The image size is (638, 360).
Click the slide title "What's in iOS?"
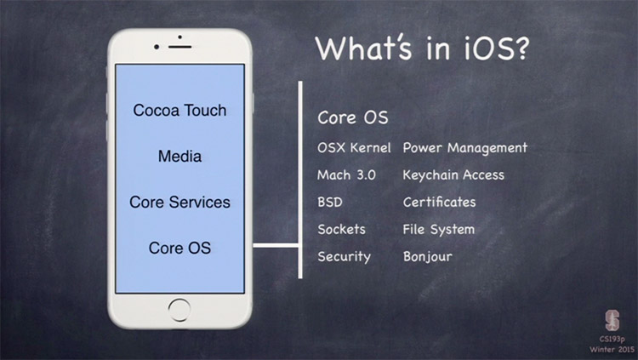coord(422,48)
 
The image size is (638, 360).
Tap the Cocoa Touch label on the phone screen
coord(179,111)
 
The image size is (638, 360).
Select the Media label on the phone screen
coord(179,156)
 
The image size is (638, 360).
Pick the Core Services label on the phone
coord(179,202)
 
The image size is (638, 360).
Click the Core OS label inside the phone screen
coord(179,248)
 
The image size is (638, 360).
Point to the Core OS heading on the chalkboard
coord(353,117)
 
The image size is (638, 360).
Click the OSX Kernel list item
coord(354,147)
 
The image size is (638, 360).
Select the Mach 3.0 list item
coord(346,175)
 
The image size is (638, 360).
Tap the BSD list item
coord(330,202)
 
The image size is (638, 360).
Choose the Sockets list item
coord(341,229)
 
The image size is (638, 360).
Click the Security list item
coord(344,256)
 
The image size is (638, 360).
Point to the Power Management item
coord(465,148)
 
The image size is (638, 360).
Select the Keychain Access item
coord(453,175)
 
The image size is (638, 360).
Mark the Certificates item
coord(439,202)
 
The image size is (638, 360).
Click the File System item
coord(439,230)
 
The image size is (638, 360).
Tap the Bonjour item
coord(427,257)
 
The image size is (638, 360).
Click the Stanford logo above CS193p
coord(612,320)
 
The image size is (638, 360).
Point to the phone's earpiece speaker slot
coord(179,48)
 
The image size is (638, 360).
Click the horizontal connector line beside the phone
coord(276,245)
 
